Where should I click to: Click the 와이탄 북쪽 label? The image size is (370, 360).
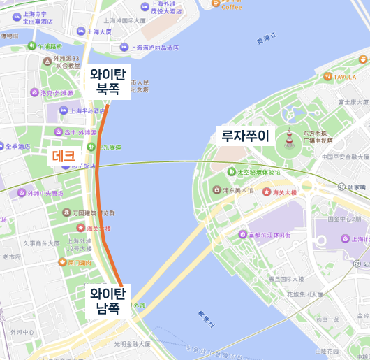point(108,81)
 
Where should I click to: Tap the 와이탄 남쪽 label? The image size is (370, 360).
point(108,299)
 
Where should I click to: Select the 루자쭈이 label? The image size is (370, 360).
point(244,135)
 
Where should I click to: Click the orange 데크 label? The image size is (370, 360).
point(64,157)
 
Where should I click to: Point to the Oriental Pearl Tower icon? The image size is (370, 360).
point(289,144)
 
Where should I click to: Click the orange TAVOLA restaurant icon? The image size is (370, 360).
point(327,76)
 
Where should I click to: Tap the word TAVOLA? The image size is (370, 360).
point(345,76)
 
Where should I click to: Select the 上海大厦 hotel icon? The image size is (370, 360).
point(81,31)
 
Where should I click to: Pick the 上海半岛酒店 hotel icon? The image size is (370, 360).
point(64,110)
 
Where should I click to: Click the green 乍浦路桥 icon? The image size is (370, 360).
point(31,46)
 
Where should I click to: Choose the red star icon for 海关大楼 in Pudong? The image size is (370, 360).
point(266,192)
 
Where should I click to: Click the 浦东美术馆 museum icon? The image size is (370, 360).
point(217,190)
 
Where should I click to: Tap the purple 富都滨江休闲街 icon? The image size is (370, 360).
point(242,234)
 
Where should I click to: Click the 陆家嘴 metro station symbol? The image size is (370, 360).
point(330,187)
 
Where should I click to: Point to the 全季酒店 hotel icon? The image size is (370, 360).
point(9,147)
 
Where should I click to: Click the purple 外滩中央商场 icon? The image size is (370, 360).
point(21,193)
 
